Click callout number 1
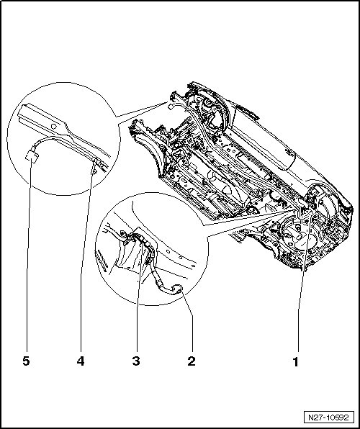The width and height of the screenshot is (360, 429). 295,361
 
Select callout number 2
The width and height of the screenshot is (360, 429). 192,361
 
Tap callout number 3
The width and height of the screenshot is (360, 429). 136,361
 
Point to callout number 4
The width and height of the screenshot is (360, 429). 81,361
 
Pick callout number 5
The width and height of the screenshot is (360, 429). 26,361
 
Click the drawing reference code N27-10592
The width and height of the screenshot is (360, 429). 329,417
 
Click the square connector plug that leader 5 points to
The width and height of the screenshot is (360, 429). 32,156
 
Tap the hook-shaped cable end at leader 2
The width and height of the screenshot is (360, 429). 177,289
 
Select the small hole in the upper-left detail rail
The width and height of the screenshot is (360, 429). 54,127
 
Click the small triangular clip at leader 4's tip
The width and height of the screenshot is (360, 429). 94,171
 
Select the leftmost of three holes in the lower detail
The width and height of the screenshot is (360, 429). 168,251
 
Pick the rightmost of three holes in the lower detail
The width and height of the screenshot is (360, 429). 193,266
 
